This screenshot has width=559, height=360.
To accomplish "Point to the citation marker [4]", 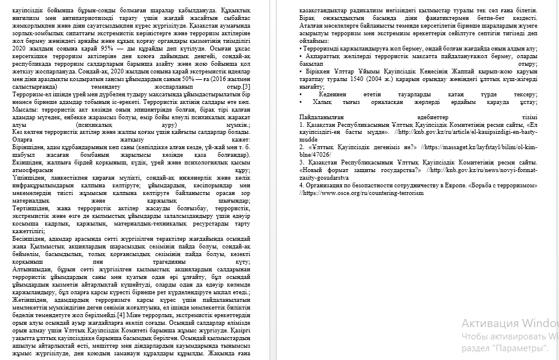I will tap(120, 315).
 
